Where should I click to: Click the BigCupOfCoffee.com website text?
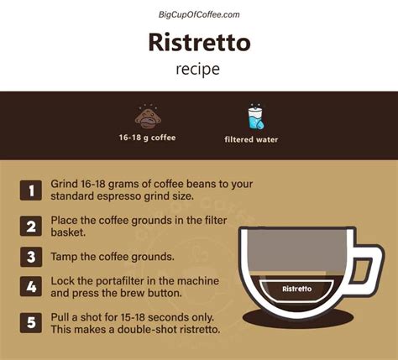pyautogui.click(x=199, y=14)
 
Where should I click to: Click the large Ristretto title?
pyautogui.click(x=199, y=42)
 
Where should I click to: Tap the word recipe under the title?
pyautogui.click(x=197, y=70)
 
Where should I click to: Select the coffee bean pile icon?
pyautogui.click(x=148, y=117)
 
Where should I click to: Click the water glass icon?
pyautogui.click(x=255, y=117)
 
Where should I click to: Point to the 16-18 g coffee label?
pyautogui.click(x=147, y=138)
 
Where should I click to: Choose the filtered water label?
pyautogui.click(x=251, y=139)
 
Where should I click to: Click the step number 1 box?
pyautogui.click(x=31, y=190)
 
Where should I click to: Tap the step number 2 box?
pyautogui.click(x=31, y=226)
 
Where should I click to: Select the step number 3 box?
pyautogui.click(x=31, y=257)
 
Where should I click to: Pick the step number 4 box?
pyautogui.click(x=31, y=287)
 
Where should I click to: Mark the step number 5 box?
pyautogui.click(x=31, y=322)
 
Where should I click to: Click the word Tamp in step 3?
pyautogui.click(x=64, y=257)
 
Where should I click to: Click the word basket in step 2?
pyautogui.click(x=68, y=232)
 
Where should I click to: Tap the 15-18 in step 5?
pyautogui.click(x=133, y=317)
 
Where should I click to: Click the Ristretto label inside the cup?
pyautogui.click(x=297, y=289)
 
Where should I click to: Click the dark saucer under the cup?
pyautogui.click(x=298, y=320)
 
